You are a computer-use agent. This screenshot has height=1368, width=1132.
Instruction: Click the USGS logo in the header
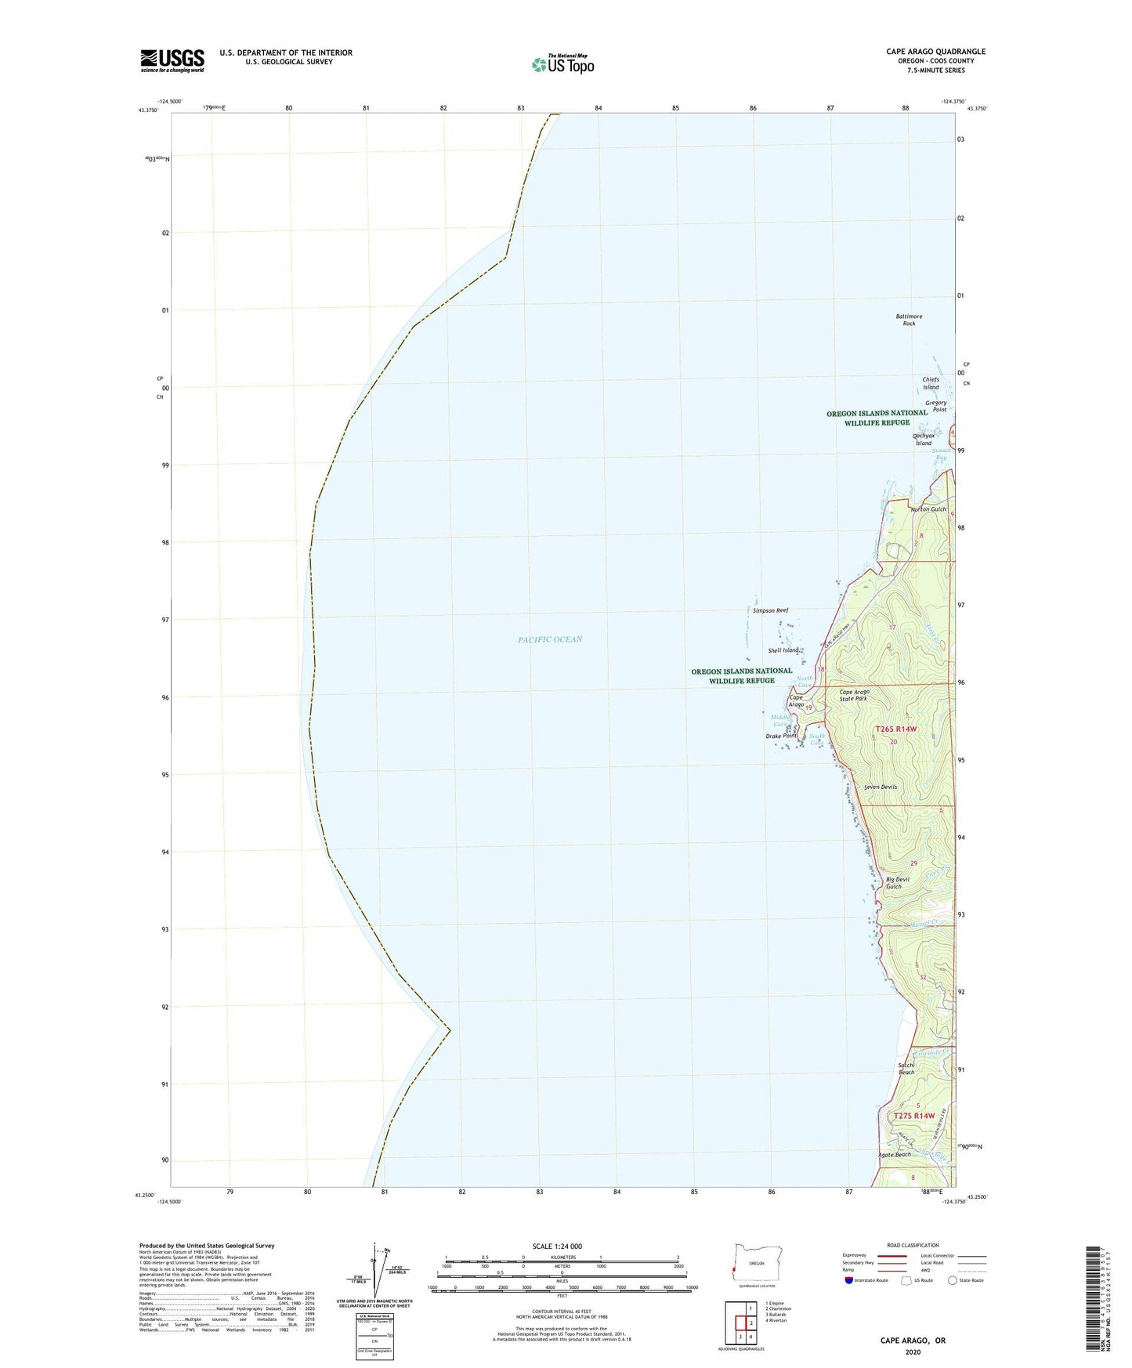click(172, 60)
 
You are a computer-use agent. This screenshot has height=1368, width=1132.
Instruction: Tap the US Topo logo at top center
click(562, 63)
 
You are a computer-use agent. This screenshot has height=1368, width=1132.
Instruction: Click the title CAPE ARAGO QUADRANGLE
click(935, 52)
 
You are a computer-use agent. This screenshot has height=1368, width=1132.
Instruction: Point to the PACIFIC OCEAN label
click(550, 639)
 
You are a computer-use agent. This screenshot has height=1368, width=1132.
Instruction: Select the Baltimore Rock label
click(909, 320)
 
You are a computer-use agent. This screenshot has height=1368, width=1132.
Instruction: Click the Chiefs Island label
click(930, 383)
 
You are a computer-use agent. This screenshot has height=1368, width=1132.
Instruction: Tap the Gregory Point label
click(936, 406)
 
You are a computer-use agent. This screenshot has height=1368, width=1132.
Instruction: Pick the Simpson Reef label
click(770, 610)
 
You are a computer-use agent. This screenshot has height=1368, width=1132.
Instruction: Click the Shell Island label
click(783, 650)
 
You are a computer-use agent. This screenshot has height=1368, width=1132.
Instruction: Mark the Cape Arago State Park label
click(854, 695)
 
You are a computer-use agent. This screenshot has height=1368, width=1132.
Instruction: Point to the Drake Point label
click(780, 736)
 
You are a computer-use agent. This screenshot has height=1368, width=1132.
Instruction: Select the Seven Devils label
click(880, 787)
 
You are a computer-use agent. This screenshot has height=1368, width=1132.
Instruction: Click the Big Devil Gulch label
click(898, 883)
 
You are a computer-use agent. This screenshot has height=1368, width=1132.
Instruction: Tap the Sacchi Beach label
click(907, 1069)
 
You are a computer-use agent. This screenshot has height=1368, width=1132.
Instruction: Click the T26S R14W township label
click(895, 729)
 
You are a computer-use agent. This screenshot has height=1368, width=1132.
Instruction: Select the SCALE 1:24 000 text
click(557, 1246)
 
